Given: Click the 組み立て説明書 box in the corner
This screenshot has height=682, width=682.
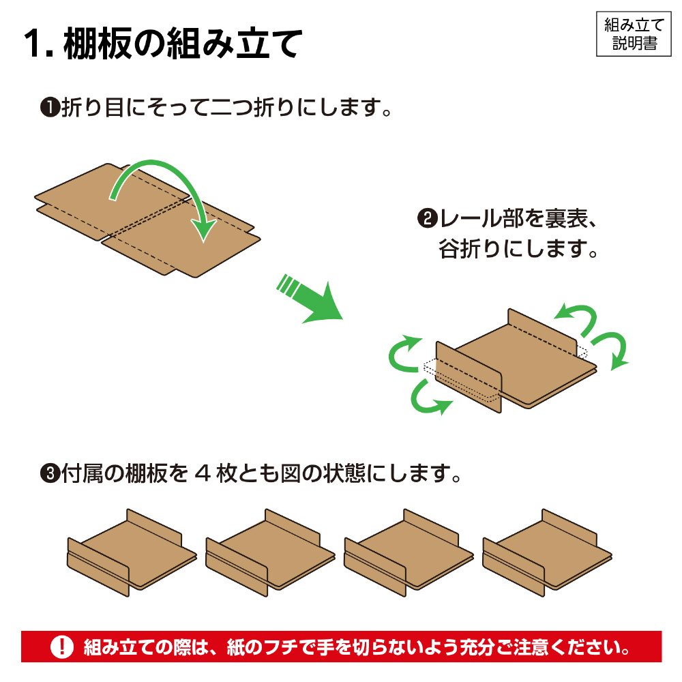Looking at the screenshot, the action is [x=634, y=34].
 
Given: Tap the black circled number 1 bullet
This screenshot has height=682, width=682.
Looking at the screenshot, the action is [x=50, y=108].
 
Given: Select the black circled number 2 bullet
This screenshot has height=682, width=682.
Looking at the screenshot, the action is [x=427, y=218].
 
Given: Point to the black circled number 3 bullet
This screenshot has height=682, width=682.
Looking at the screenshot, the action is [x=50, y=474].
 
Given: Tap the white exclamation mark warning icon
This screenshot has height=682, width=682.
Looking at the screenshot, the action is [x=62, y=647].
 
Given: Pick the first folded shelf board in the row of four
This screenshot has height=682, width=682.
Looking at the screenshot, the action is [x=132, y=552].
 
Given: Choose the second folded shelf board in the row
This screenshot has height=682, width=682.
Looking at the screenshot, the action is [x=270, y=552].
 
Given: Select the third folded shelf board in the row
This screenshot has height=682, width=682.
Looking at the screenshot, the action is [x=409, y=552].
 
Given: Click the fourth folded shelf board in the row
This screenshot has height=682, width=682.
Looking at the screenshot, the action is [x=547, y=552].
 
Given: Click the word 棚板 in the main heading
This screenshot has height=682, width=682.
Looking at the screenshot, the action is [x=98, y=44].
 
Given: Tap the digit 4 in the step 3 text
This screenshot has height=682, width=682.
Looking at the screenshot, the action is [x=203, y=474].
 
